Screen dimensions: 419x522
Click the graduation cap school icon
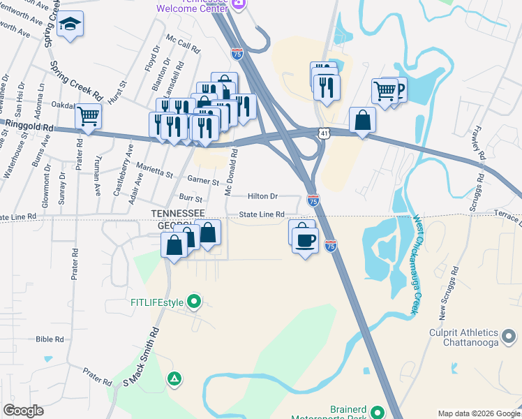[x=70, y=25]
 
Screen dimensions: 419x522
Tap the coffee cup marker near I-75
[x=305, y=242]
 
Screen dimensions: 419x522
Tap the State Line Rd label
[x=262, y=214]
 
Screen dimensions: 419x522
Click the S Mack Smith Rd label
[x=141, y=357]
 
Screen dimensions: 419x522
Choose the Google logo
[x=24, y=411]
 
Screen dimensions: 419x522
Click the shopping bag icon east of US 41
[x=362, y=120]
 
